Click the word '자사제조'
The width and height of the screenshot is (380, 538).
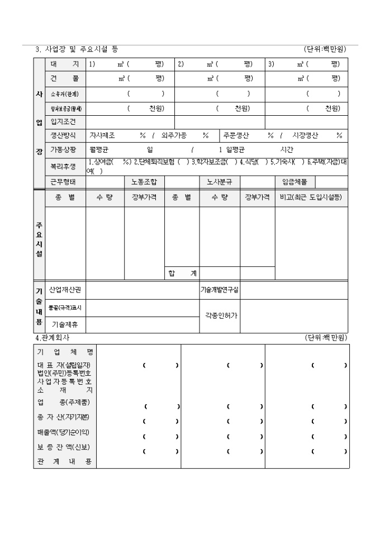click(x=102, y=135)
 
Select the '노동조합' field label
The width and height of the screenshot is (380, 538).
click(x=144, y=182)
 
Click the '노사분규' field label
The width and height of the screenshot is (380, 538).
click(x=220, y=182)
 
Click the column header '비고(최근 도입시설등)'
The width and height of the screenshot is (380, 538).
click(x=311, y=197)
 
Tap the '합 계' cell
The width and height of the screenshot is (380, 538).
click(x=182, y=273)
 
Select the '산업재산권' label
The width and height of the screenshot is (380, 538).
click(x=65, y=290)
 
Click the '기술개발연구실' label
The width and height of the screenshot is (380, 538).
click(x=220, y=290)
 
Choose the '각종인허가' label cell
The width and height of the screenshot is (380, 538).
click(x=220, y=315)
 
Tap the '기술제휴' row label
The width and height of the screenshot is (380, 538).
click(x=65, y=324)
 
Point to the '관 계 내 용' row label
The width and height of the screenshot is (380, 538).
click(x=65, y=462)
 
